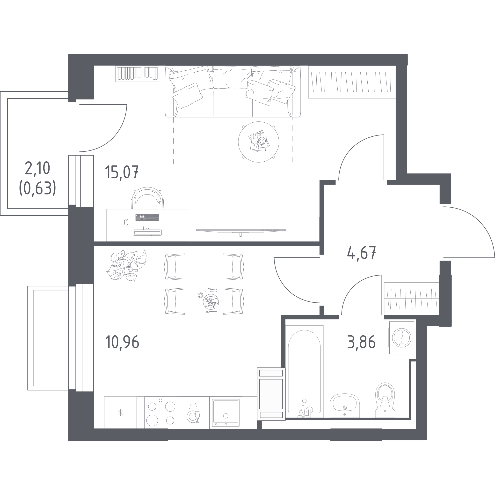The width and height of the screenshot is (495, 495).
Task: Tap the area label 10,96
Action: click(x=122, y=342)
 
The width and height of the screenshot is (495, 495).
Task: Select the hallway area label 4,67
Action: click(x=361, y=253)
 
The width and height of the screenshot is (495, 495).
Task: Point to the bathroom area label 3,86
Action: click(x=361, y=342)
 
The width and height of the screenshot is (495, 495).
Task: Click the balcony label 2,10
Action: click(x=38, y=168)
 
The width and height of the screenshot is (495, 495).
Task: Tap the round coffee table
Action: click(x=259, y=142)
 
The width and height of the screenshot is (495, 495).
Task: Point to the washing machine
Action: click(x=401, y=338)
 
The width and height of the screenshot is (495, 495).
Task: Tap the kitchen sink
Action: click(x=226, y=413)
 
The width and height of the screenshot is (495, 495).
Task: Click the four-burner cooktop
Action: click(x=161, y=413)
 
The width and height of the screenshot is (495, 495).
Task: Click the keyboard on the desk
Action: click(x=147, y=217)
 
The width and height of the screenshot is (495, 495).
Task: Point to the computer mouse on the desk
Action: click(x=126, y=222)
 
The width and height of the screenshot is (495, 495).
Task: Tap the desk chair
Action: click(x=147, y=198)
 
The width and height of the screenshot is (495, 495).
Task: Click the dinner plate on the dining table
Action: click(x=211, y=302)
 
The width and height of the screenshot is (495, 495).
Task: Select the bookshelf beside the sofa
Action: click(x=137, y=74)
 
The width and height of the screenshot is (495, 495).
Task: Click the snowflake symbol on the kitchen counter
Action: click(x=120, y=413)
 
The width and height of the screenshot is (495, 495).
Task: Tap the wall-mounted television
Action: click(x=240, y=231)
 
